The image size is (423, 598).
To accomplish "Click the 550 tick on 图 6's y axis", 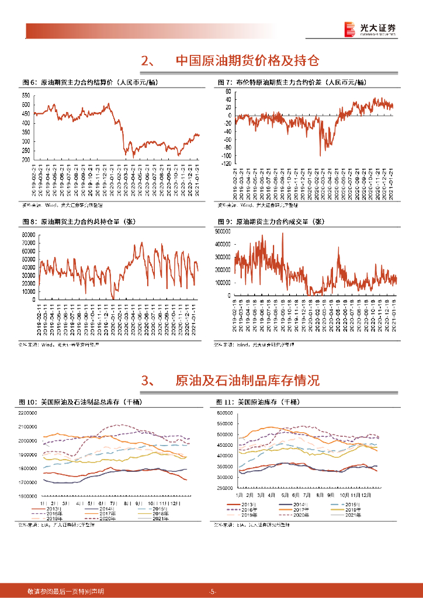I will tap(26, 95).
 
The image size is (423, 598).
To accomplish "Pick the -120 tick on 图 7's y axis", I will tap(224, 165).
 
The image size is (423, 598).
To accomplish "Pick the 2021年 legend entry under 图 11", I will tap(360, 514).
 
